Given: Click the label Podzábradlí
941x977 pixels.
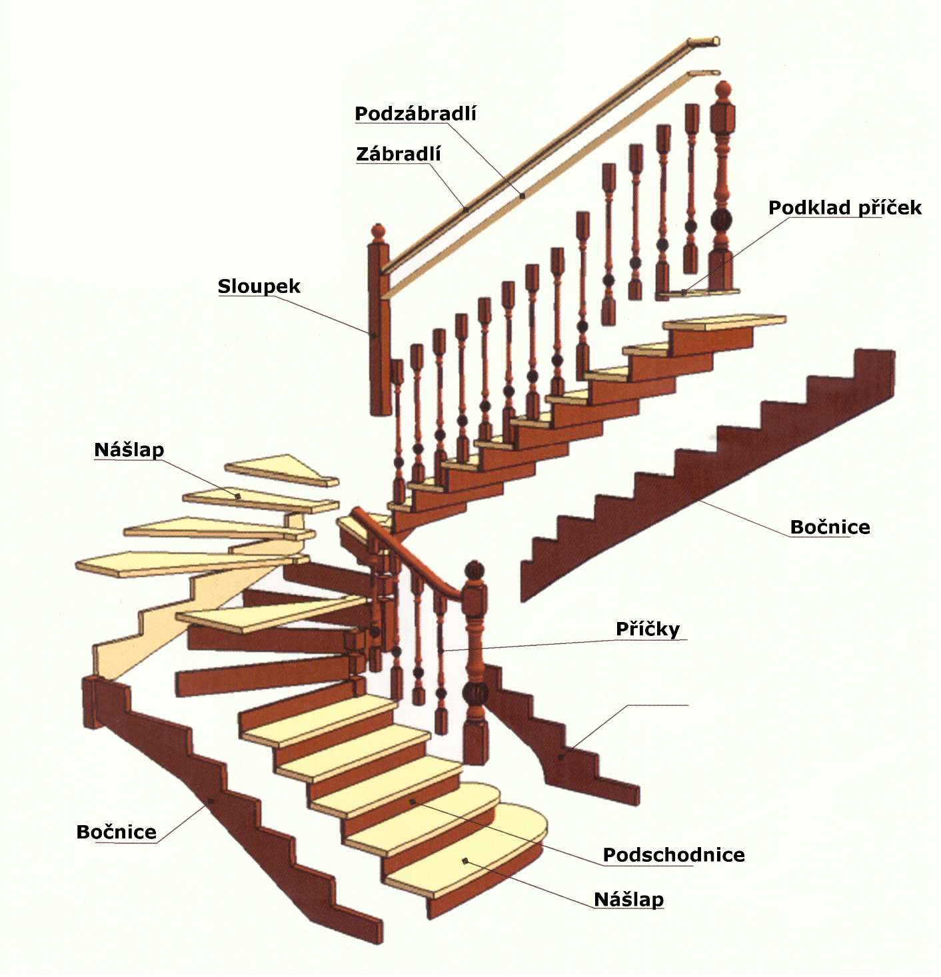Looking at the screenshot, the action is (415, 114).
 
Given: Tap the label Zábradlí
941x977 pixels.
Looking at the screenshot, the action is (399, 154).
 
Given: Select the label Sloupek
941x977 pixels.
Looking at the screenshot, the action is (259, 286).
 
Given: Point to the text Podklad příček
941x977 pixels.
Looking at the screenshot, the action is (845, 208).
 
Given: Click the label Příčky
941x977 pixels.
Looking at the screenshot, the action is (648, 629).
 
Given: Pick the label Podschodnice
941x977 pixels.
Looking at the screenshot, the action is (674, 854).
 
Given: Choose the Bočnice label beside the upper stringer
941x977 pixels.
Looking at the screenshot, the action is (830, 527).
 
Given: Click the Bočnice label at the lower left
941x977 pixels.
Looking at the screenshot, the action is (116, 832).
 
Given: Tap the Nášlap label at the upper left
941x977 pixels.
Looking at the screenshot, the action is (129, 450).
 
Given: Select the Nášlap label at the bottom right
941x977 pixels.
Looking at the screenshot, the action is (628, 899).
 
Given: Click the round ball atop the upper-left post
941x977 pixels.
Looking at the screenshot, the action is (379, 232).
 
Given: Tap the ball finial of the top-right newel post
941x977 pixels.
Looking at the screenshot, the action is (723, 91).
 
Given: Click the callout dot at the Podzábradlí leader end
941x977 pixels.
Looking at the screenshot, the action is (522, 196).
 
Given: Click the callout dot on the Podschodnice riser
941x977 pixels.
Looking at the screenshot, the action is (413, 801).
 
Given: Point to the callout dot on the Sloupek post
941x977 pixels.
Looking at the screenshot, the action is (374, 334).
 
